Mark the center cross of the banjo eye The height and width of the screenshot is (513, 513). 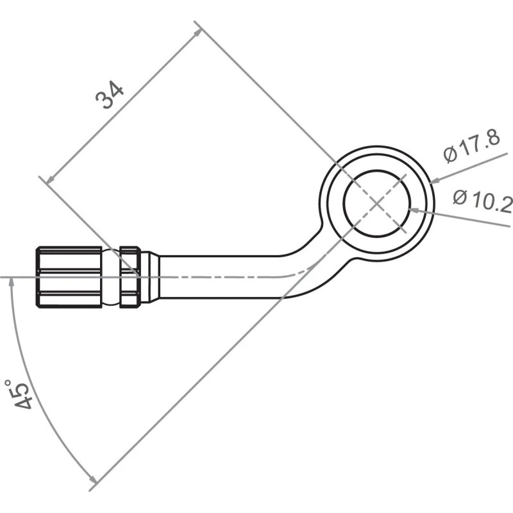coord(377,203)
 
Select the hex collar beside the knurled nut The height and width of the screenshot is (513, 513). coord(130,276)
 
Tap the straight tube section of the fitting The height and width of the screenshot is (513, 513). coord(218,276)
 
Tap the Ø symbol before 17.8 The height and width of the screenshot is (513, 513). coord(450,155)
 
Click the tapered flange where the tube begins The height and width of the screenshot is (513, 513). coord(149,276)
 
